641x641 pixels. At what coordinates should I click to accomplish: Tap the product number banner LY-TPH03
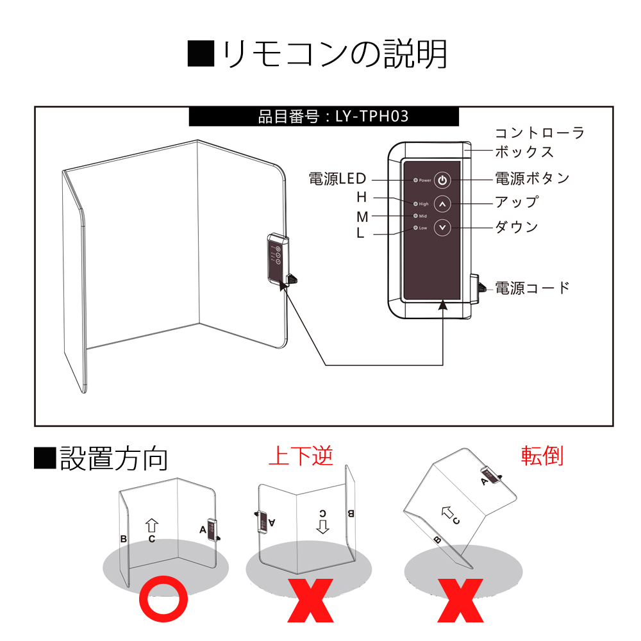pyautogui.click(x=324, y=117)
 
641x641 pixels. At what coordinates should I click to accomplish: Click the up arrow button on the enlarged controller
pyautogui.click(x=443, y=204)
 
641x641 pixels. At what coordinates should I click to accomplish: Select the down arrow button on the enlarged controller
pyautogui.click(x=443, y=228)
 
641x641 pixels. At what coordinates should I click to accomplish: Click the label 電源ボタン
pyautogui.click(x=532, y=178)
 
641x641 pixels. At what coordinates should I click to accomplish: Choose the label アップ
pyautogui.click(x=516, y=202)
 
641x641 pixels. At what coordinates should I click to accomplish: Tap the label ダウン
pyautogui.click(x=516, y=227)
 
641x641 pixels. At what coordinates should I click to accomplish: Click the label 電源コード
pyautogui.click(x=532, y=288)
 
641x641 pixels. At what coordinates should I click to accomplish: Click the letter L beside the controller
pyautogui.click(x=360, y=233)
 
